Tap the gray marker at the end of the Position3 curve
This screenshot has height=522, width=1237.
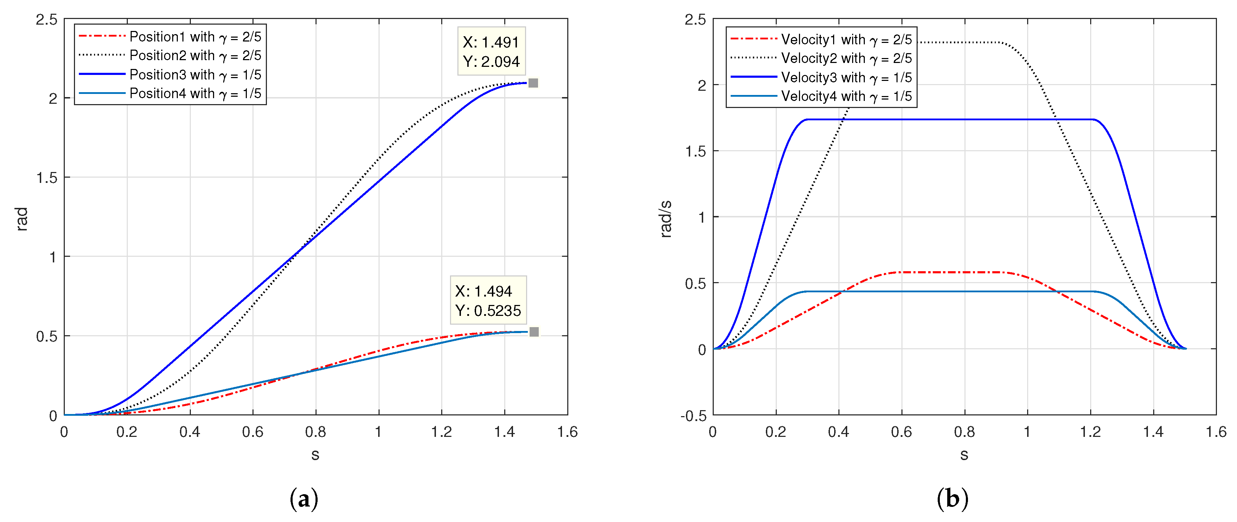click(x=533, y=83)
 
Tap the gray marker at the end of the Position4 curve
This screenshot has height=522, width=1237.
click(x=534, y=332)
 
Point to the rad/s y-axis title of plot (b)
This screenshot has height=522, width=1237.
click(x=666, y=219)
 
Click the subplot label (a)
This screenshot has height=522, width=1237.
click(x=304, y=499)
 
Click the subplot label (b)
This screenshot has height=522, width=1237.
click(x=952, y=499)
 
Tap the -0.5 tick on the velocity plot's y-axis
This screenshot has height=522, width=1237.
click(x=693, y=415)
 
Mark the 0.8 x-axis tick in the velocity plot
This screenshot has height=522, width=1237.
click(x=964, y=432)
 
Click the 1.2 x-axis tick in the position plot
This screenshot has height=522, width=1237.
click(x=441, y=432)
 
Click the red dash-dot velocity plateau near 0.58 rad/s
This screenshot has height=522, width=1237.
click(x=951, y=273)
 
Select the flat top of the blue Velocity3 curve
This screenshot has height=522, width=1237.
click(x=951, y=120)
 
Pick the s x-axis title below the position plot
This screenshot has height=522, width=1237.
click(x=315, y=454)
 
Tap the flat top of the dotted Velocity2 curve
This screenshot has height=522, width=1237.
click(x=960, y=43)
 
